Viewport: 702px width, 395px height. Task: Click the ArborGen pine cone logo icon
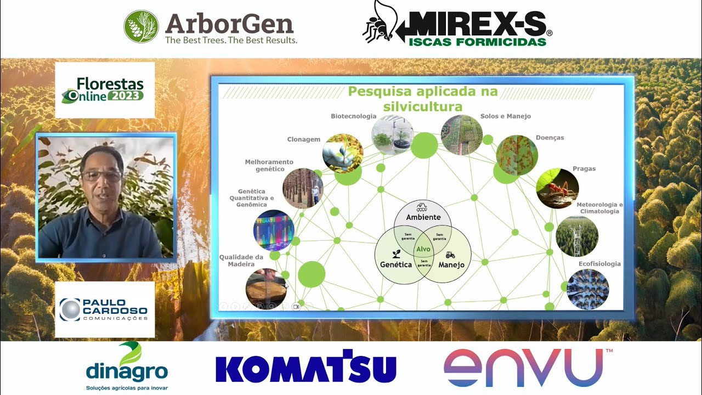click(141, 26)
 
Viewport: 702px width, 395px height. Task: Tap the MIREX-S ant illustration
click(378, 23)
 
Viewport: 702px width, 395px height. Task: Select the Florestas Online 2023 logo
click(105, 90)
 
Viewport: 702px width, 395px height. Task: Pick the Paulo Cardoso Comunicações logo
click(104, 310)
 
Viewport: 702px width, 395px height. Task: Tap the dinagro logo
click(127, 365)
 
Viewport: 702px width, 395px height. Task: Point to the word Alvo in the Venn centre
click(423, 249)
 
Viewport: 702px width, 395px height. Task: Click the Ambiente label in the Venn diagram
click(423, 217)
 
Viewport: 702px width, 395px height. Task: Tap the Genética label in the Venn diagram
click(396, 264)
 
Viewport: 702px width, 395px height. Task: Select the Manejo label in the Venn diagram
click(451, 264)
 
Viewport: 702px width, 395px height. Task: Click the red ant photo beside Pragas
click(557, 188)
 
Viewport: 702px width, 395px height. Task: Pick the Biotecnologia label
click(353, 116)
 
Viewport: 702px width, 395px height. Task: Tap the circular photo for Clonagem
click(343, 153)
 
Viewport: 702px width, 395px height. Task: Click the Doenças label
click(550, 138)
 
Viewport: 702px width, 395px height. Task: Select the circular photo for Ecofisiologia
click(587, 289)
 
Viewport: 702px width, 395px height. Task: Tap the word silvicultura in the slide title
click(423, 106)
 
